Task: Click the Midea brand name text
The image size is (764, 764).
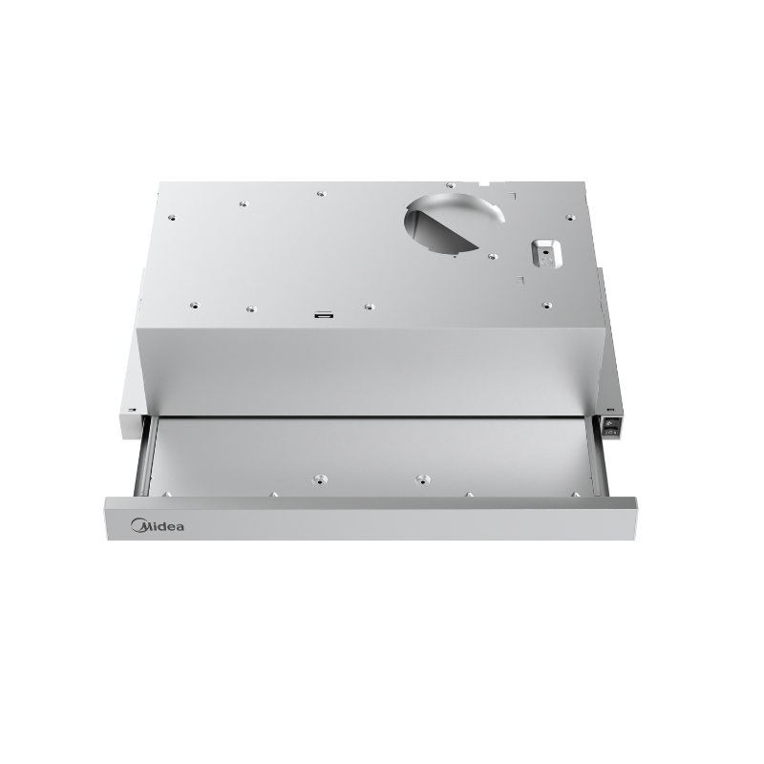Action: tap(158, 525)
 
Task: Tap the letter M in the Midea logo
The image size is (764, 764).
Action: tap(137, 525)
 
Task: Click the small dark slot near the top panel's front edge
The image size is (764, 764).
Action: tap(325, 313)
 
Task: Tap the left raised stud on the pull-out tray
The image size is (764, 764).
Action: tap(316, 475)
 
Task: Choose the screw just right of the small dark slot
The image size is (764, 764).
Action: tap(369, 308)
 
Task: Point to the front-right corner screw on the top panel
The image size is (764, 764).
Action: tap(546, 306)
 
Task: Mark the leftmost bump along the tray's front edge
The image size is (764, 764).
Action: tap(168, 494)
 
